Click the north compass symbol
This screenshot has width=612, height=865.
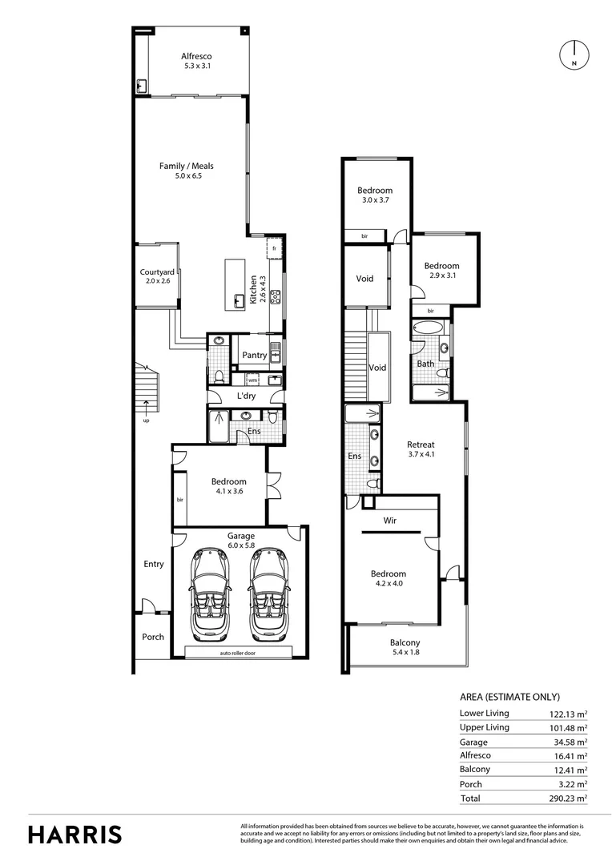tap(574, 54)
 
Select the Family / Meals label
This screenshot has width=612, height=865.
tap(186, 167)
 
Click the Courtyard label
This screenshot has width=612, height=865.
tap(157, 272)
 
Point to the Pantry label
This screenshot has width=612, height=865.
tap(254, 355)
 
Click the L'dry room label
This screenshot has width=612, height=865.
tap(246, 396)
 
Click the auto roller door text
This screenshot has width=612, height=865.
tap(244, 654)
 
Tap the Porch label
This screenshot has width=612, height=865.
tap(152, 637)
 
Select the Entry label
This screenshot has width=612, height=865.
tap(154, 564)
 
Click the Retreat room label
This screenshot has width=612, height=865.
tap(421, 445)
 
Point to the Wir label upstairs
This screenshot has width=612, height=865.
tap(390, 520)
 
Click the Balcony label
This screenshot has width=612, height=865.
tap(405, 642)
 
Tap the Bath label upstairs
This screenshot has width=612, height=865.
tap(425, 364)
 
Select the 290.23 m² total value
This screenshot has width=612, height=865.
tap(567, 799)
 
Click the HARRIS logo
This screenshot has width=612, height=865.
tap(75, 834)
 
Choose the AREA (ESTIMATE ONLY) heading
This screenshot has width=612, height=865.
tap(509, 697)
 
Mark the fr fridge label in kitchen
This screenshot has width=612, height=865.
tap(274, 248)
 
